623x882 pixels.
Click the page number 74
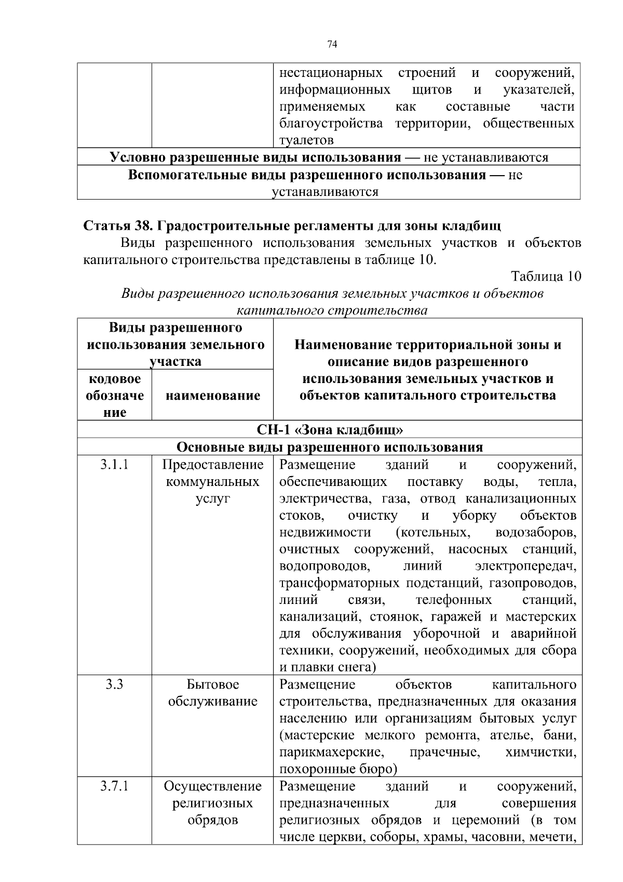[x=333, y=45]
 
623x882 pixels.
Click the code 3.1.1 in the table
[x=114, y=465]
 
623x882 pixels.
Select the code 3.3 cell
[x=114, y=684]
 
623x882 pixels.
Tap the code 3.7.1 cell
[x=114, y=786]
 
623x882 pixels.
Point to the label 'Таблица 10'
[x=546, y=277]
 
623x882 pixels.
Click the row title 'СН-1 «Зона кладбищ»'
[x=330, y=430]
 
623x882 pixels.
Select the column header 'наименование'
[x=212, y=396]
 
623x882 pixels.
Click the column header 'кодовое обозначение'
[x=114, y=396]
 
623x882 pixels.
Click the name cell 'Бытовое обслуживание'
[x=212, y=693]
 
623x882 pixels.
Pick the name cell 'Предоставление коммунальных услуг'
[x=212, y=482]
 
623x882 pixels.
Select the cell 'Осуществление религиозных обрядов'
[x=212, y=803]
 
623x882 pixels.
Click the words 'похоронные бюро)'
[x=338, y=769]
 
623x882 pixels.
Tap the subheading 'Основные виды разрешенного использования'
[x=330, y=447]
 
